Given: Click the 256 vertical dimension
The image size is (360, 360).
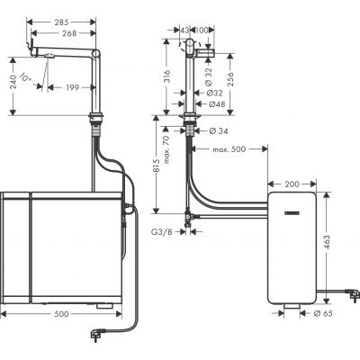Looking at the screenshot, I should [x=235, y=79].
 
